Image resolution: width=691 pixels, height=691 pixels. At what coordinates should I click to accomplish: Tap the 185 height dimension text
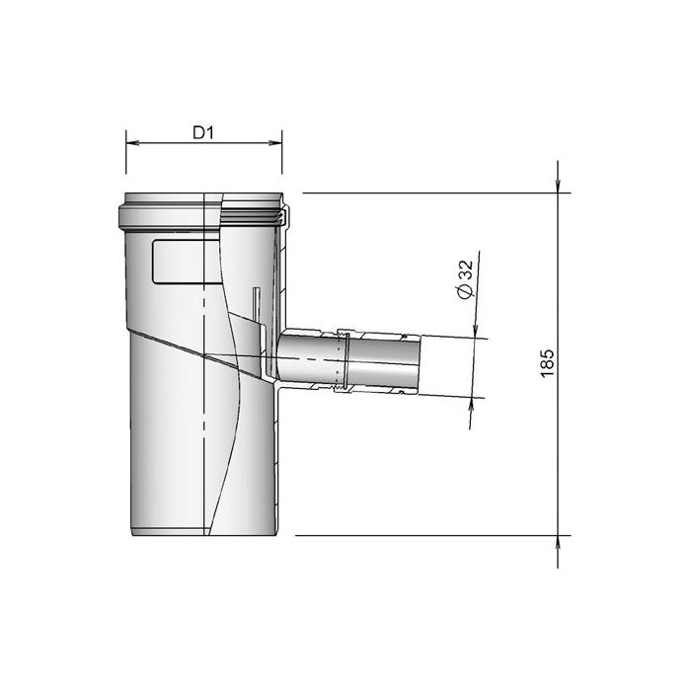pyautogui.click(x=549, y=361)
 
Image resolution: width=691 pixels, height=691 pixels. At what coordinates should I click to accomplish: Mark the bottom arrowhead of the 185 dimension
pyautogui.click(x=560, y=542)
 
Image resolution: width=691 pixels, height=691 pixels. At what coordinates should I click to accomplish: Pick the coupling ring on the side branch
pyautogui.click(x=345, y=361)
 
